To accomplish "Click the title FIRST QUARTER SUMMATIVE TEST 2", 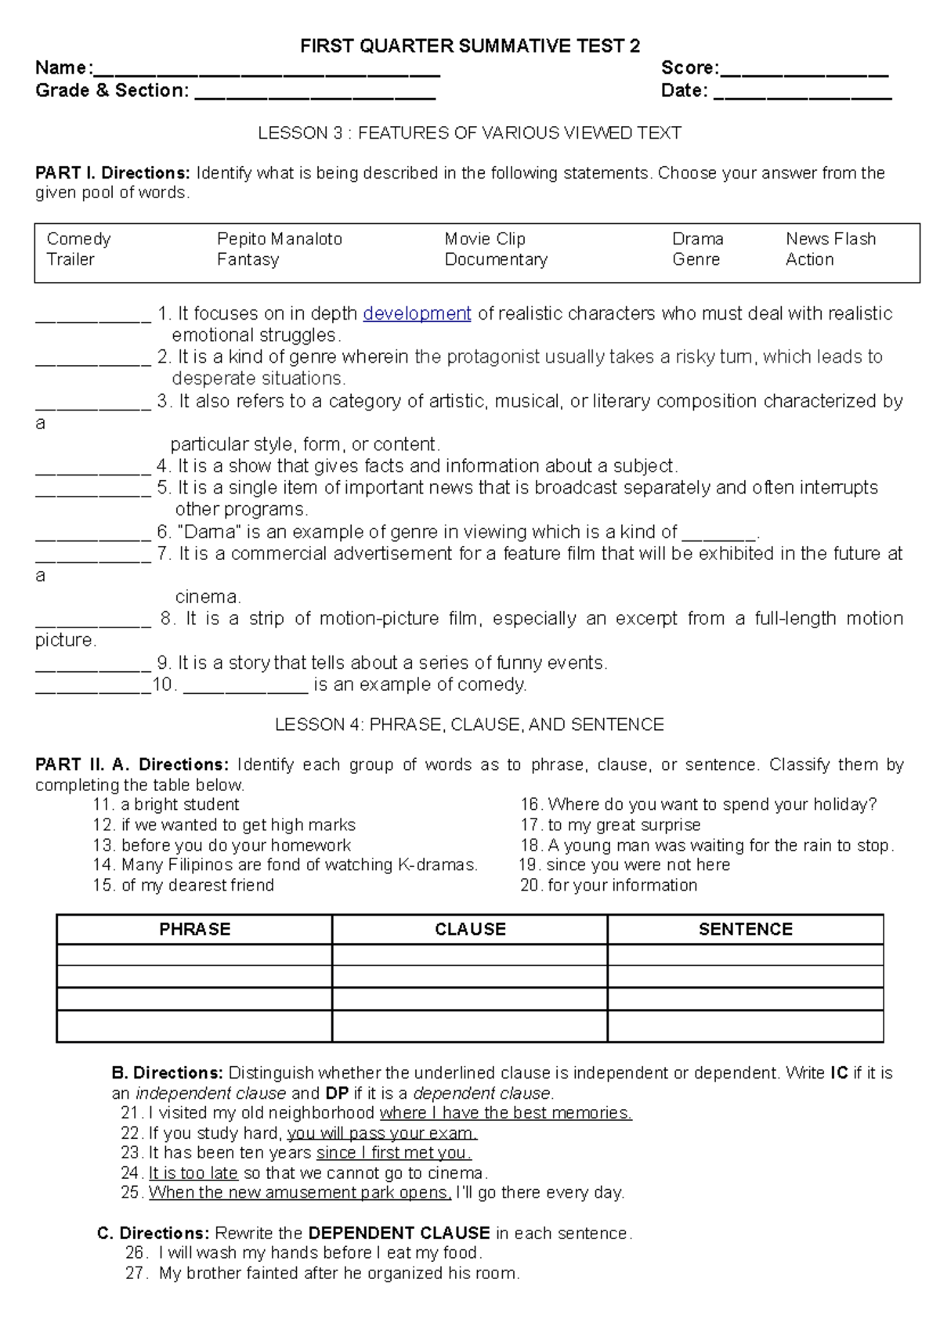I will pos(470,46).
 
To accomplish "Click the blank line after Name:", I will pos(266,71).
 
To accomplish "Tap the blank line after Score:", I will pos(804,71).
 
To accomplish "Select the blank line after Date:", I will pos(803,94).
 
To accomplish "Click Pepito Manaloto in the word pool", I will pos(280,239).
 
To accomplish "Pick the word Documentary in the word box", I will pos(496,259).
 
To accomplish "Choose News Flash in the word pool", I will pos(830,239).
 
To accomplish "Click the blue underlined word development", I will pos(417,314).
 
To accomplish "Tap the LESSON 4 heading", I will pos(469,725).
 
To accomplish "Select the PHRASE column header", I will pos(194,929).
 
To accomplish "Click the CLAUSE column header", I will pos(470,929).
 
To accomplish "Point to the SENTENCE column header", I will pos(745,929).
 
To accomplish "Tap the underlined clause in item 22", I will pos(381,1133).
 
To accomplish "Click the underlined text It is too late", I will pos(193,1173).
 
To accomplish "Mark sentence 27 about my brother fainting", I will pos(338,1274).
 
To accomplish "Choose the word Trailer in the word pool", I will pos(70,259).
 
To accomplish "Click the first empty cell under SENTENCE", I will pos(745,955).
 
